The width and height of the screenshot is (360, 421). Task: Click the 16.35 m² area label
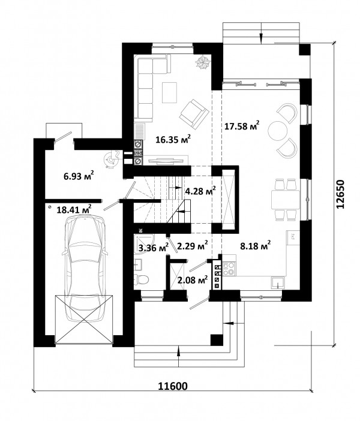[173, 139]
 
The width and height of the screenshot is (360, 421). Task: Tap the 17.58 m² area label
[242, 125]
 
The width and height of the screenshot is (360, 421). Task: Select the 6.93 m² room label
[79, 176]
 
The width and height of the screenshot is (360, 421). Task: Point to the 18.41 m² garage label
[74, 209]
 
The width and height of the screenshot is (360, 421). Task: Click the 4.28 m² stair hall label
[200, 191]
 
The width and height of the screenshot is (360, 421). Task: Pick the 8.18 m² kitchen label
[255, 245]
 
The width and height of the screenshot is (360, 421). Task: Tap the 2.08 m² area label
[193, 280]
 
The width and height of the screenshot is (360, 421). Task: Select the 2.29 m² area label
[193, 245]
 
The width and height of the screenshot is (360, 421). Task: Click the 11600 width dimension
[173, 386]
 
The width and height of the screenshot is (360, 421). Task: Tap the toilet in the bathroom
[142, 279]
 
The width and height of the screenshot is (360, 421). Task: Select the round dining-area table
[278, 131]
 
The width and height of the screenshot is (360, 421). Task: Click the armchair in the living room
[194, 113]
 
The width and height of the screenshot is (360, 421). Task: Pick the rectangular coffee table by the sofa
[169, 92]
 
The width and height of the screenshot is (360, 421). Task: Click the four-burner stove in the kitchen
[229, 269]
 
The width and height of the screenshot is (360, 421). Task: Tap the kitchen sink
[278, 282]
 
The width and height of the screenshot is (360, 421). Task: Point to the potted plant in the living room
[203, 62]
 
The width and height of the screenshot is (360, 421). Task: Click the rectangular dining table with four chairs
[286, 200]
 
